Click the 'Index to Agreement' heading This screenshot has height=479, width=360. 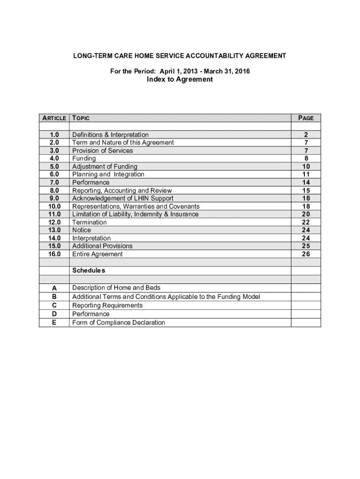(x=180, y=80)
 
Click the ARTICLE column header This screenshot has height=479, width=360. (x=54, y=118)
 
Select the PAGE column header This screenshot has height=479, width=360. (x=306, y=118)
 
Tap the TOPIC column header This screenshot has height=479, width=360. (x=81, y=118)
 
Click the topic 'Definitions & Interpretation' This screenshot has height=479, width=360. (x=110, y=135)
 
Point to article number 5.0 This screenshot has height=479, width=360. (x=54, y=167)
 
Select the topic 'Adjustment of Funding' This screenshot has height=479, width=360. (x=105, y=167)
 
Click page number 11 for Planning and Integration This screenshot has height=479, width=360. (x=306, y=174)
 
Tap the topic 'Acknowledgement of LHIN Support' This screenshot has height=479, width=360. (x=122, y=198)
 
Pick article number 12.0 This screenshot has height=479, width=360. (x=54, y=222)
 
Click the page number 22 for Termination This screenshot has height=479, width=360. (x=306, y=222)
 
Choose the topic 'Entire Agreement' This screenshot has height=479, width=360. (x=97, y=254)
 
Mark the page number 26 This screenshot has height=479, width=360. (x=306, y=254)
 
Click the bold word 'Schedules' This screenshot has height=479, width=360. (x=89, y=270)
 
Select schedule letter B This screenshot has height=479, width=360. (x=54, y=297)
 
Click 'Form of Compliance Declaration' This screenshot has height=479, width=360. (x=118, y=322)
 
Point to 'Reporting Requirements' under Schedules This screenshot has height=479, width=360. (x=107, y=305)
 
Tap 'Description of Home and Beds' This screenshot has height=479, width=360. (x=116, y=288)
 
